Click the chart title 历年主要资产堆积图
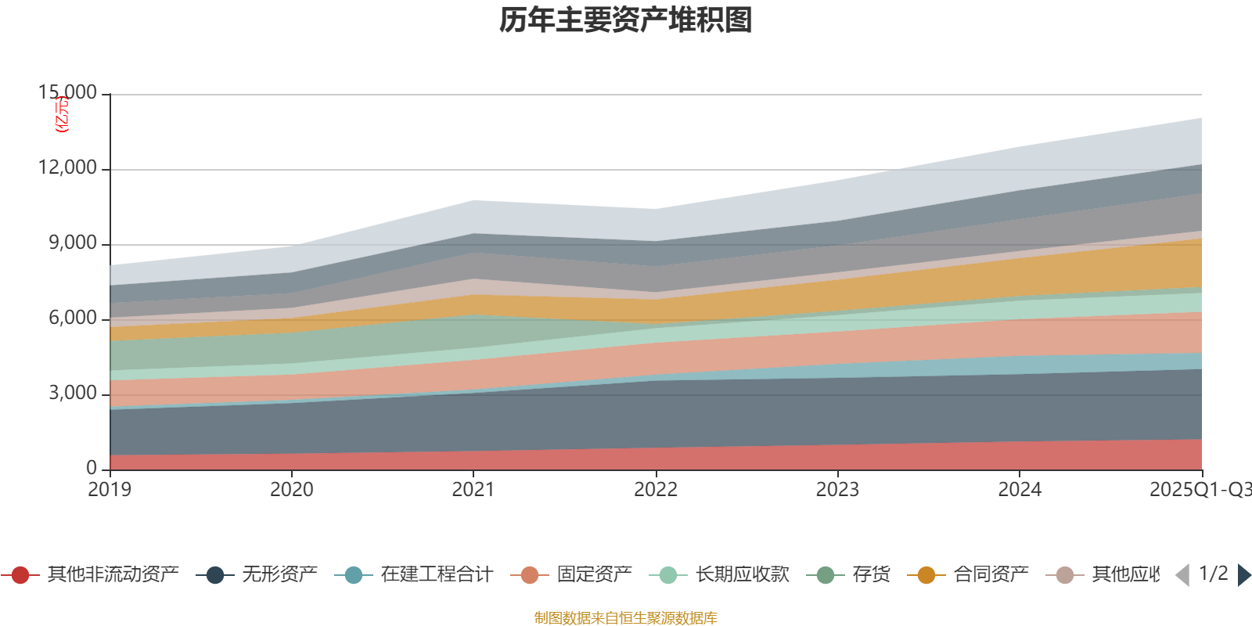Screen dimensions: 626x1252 point(626,20)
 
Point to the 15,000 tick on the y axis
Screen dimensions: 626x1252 point(68,93)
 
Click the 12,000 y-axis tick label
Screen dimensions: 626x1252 point(68,168)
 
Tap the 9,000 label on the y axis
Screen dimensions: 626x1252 point(73,243)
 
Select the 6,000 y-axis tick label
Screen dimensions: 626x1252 point(73,318)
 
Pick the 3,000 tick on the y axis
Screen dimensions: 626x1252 point(73,394)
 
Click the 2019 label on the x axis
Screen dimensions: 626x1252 point(110,490)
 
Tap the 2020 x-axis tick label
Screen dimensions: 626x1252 point(292,490)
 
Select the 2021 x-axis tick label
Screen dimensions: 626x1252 point(473,490)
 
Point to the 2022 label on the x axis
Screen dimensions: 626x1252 point(656,490)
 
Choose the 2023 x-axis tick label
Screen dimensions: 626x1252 point(837,490)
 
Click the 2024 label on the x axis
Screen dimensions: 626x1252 point(1020,490)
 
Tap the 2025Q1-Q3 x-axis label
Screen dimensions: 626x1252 point(1200,490)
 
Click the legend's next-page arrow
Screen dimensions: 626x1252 point(1243,575)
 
